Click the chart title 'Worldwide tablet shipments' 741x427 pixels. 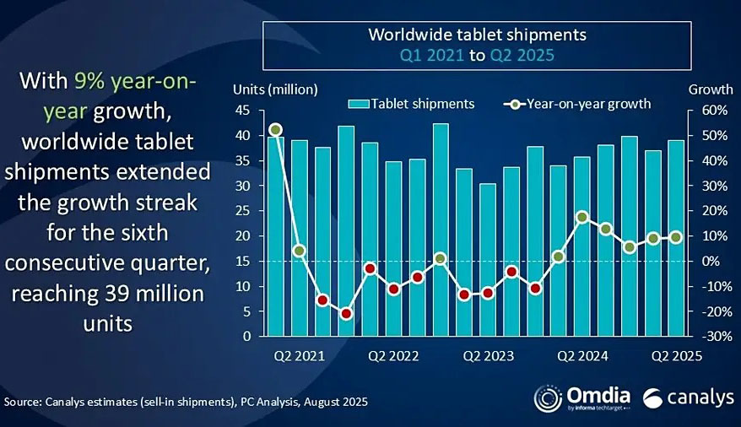coord(477,35)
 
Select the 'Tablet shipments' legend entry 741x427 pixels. coord(411,104)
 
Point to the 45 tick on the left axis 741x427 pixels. coord(245,111)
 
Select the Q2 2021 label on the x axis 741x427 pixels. coord(298,356)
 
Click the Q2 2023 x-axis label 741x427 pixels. coord(487,356)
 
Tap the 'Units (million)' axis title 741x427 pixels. coord(275,89)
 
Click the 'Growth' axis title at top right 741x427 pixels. coord(706,89)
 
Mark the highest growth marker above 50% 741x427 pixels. coord(275,130)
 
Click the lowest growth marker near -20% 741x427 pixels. coord(346,314)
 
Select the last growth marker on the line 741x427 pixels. coord(676,237)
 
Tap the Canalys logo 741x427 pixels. coord(687,397)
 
